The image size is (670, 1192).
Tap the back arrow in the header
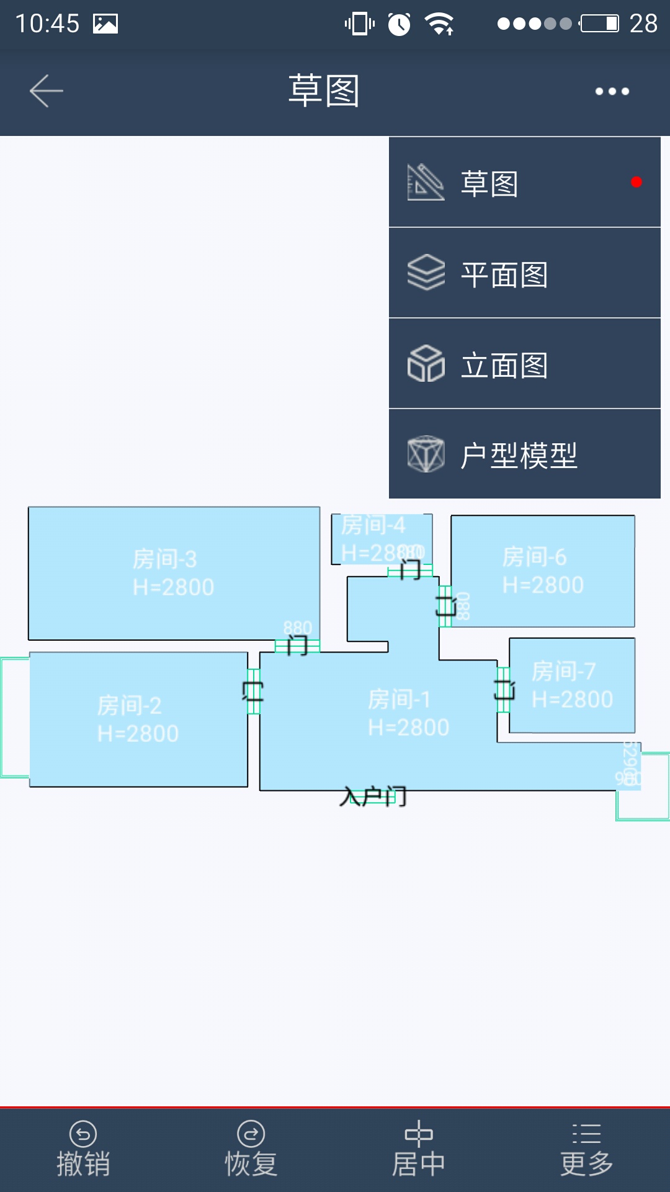[47, 91]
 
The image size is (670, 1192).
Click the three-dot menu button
[612, 91]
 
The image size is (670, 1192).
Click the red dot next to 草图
[636, 182]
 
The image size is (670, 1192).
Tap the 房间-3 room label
[165, 559]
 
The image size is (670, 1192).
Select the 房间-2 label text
[129, 706]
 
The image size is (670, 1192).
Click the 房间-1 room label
[399, 700]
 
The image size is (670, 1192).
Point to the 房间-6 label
[534, 558]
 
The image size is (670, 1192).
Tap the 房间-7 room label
[563, 672]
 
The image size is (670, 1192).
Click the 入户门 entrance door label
[373, 797]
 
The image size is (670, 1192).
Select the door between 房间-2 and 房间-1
[253, 691]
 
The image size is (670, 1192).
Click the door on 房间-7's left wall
[504, 689]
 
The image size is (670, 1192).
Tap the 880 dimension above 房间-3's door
[297, 628]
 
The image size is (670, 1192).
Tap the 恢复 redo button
[251, 1149]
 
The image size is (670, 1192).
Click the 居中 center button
[419, 1149]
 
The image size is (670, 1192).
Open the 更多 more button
[586, 1149]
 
